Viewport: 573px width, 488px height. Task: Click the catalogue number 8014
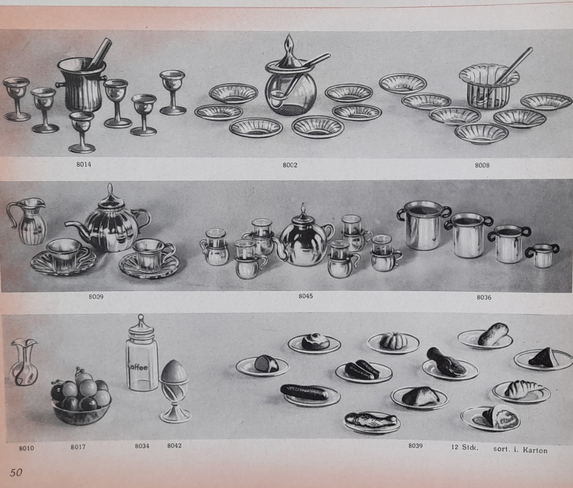(x=84, y=164)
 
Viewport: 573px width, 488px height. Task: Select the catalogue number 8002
(x=290, y=165)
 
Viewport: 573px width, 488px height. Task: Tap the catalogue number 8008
(x=482, y=165)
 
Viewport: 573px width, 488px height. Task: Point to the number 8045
(x=306, y=296)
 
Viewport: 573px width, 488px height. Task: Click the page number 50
(x=16, y=472)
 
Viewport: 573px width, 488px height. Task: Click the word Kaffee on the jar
(x=138, y=367)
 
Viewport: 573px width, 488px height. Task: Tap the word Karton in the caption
(x=534, y=450)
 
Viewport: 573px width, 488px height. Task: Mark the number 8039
(x=415, y=446)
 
